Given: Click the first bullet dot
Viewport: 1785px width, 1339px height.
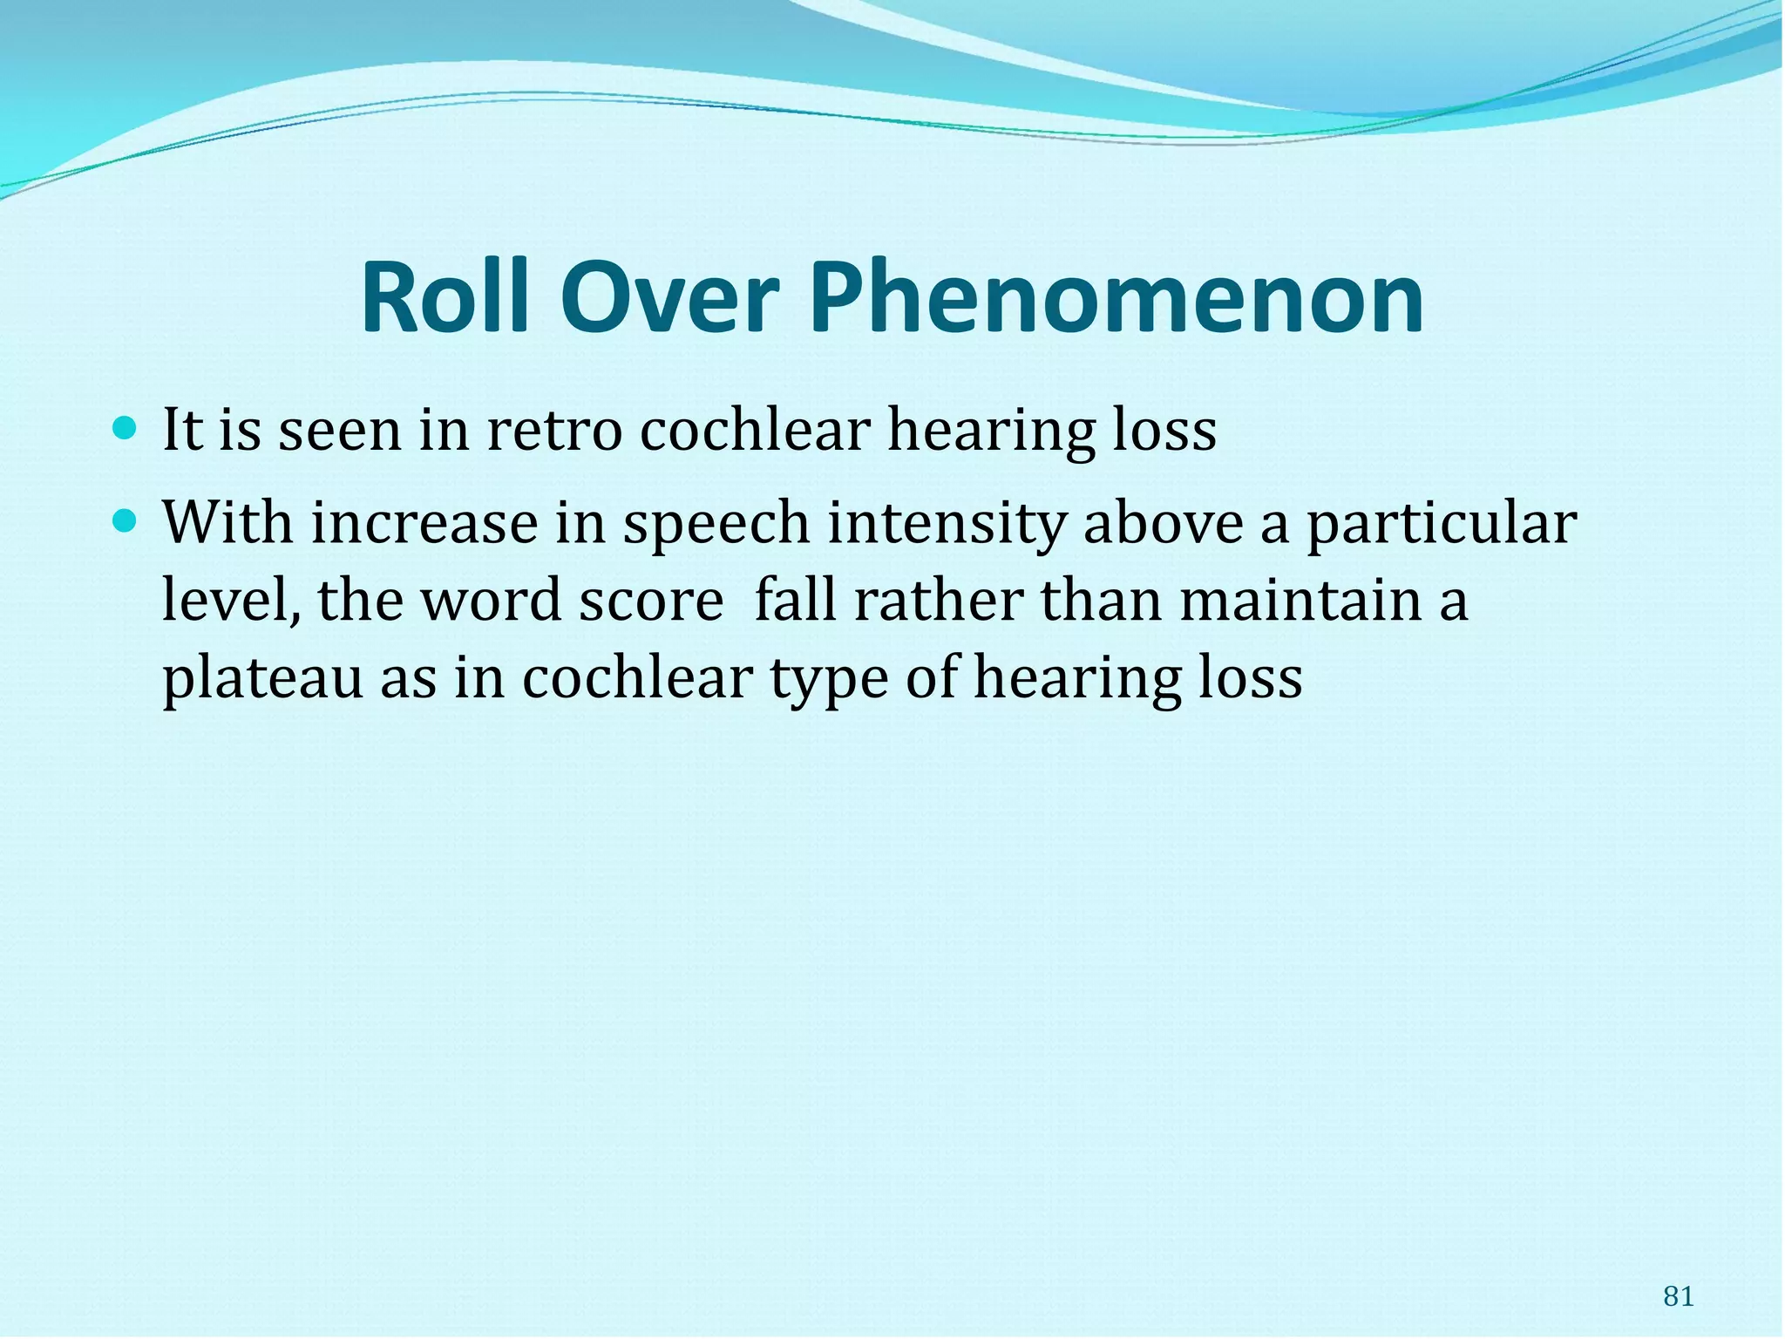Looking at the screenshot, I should coord(126,428).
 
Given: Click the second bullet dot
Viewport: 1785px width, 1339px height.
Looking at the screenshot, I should coord(126,521).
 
